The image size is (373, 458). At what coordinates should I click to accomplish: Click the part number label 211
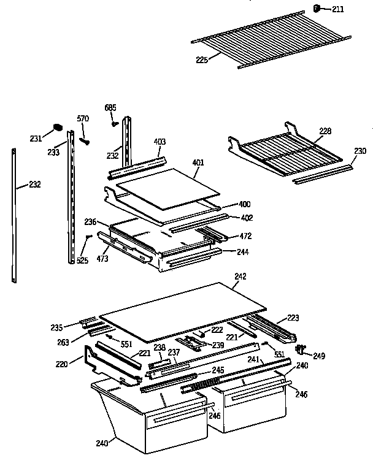pos(337,9)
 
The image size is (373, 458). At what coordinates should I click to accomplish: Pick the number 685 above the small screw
pos(110,108)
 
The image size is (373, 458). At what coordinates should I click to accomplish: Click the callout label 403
pos(160,142)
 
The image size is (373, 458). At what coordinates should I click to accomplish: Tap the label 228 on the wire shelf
pos(325,130)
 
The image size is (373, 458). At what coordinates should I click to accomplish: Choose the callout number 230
pos(360,150)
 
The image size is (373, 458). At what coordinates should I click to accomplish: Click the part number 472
pos(245,235)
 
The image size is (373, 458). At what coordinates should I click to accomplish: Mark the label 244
pos(244,251)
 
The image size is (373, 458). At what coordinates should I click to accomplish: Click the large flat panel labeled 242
pos(184,310)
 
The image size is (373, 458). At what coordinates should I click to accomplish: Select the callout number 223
pos(293,317)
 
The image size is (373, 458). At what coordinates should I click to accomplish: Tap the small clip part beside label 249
pos(302,349)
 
